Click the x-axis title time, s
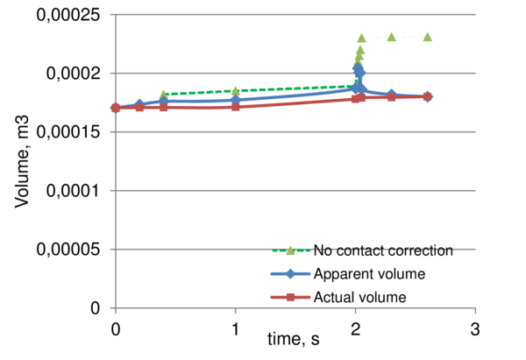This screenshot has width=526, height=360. pyautogui.click(x=294, y=339)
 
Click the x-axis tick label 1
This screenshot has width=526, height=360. pyautogui.click(x=235, y=327)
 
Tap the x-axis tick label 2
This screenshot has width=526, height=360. pyautogui.click(x=355, y=327)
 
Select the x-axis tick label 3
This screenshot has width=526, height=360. pyautogui.click(x=475, y=327)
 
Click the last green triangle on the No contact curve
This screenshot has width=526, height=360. pyautogui.click(x=427, y=37)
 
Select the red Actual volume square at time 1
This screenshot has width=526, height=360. pyautogui.click(x=235, y=106)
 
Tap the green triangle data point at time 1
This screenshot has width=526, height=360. pyautogui.click(x=235, y=90)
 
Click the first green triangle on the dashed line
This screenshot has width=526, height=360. pyautogui.click(x=163, y=94)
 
